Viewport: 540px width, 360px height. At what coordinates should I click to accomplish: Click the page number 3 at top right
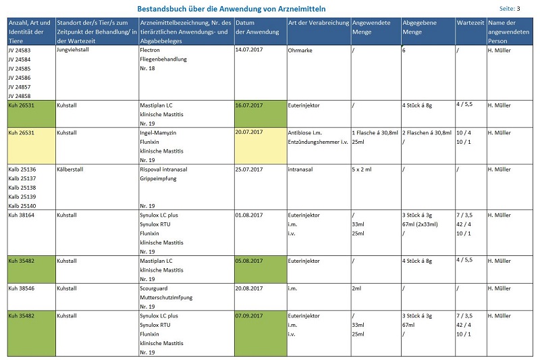point(518,9)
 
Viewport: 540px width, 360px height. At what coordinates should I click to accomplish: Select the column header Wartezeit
point(469,22)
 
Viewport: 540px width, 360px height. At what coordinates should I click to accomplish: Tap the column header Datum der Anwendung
point(257,27)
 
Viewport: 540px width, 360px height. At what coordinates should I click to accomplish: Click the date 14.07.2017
point(249,50)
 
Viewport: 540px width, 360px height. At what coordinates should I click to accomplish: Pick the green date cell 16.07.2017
point(249,106)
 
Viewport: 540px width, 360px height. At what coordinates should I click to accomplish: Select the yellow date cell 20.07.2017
point(249,132)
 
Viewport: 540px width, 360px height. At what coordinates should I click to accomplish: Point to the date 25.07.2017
point(249,169)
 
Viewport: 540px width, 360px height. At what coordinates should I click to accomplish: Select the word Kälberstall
point(70,169)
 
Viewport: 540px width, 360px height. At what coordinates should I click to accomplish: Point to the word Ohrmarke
point(301,50)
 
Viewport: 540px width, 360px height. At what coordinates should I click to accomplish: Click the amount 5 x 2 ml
point(364,169)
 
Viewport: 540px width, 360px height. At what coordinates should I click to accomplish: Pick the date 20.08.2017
point(249,288)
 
